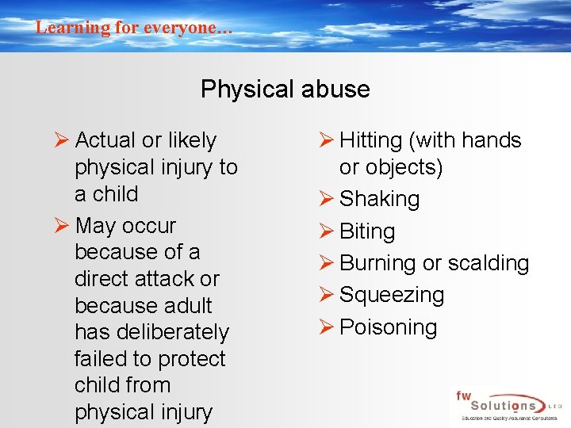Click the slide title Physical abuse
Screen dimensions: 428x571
coord(285,89)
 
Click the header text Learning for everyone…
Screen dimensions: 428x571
coord(134,27)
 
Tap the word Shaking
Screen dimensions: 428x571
coord(379,199)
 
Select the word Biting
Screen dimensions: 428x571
coord(366,231)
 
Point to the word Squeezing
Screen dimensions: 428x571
coord(391,295)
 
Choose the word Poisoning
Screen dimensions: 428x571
coord(388,327)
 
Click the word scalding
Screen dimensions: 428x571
coord(486,263)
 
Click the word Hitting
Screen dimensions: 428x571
coord(370,140)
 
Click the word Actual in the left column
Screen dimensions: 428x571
coord(105,140)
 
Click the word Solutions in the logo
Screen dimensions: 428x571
coord(500,403)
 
